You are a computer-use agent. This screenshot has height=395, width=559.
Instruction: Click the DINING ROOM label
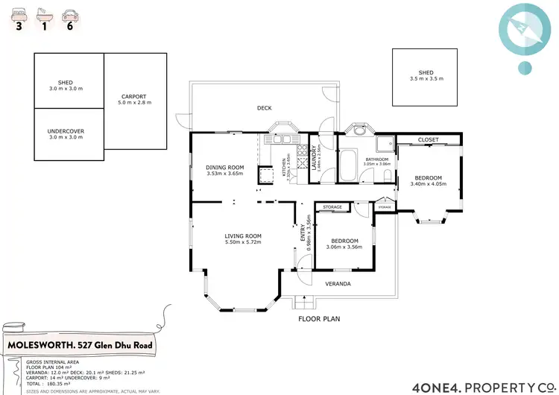[225, 167]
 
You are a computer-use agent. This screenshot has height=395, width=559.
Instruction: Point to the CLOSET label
[428, 140]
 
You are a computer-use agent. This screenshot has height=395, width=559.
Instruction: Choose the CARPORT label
[133, 96]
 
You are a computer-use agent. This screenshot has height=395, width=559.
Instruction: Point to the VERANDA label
[337, 284]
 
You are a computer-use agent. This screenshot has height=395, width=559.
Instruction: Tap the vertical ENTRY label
[303, 233]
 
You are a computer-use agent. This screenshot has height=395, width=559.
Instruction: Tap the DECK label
[265, 108]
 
